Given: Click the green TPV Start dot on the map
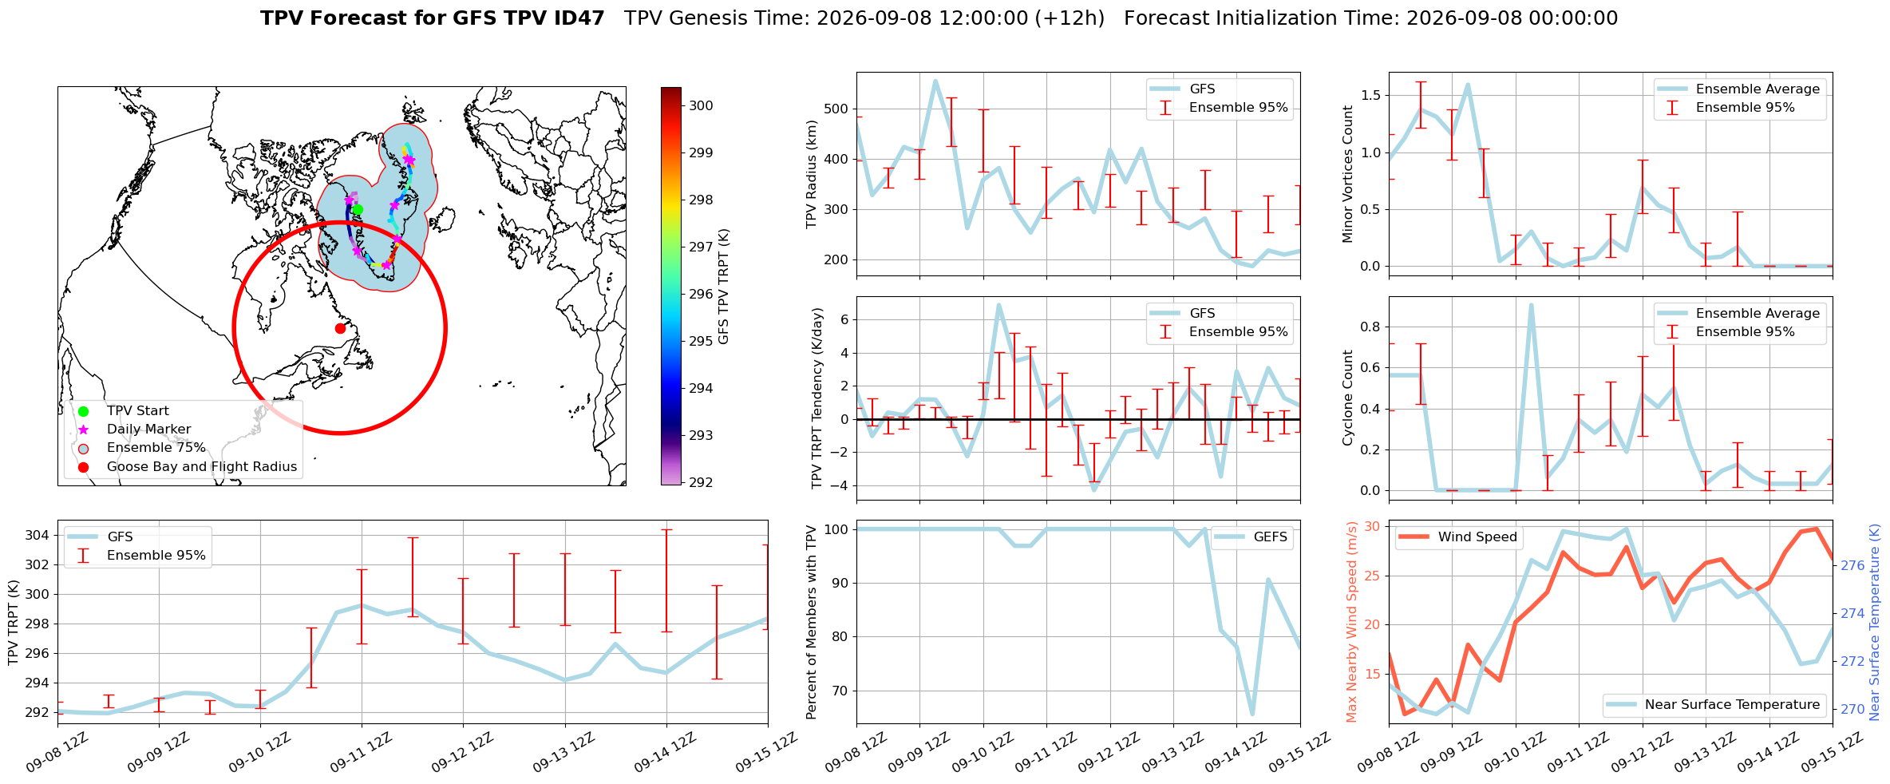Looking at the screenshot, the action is (x=358, y=210).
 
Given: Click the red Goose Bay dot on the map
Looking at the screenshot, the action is (x=340, y=328).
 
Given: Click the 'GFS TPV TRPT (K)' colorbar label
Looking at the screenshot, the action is (x=724, y=287).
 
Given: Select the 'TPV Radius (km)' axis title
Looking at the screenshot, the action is (x=813, y=174).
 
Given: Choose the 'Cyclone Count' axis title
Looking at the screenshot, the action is (x=1348, y=398).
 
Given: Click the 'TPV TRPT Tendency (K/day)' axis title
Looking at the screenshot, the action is (x=816, y=398).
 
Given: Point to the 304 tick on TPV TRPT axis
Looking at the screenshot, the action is (x=38, y=535).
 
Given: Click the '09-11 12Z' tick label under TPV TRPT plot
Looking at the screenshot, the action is (x=361, y=752).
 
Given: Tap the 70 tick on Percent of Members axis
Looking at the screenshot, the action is (x=839, y=691).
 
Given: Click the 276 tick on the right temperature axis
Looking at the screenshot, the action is (x=1852, y=565).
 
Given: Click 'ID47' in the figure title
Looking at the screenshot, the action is (x=580, y=18).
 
